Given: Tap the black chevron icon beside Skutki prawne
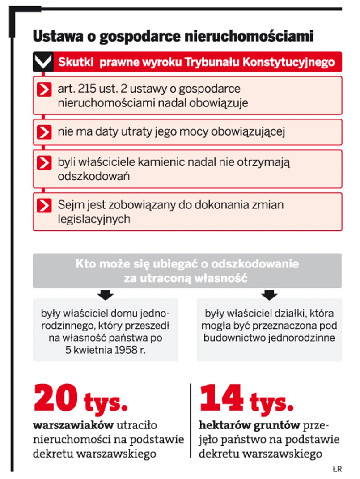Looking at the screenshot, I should click(43, 62).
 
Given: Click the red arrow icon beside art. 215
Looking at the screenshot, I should click(44, 89).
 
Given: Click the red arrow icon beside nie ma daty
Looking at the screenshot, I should click(44, 132).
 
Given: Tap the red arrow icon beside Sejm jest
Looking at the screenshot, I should click(44, 205).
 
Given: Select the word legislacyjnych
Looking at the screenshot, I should click(94, 219).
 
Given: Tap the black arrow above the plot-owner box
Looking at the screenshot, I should click(269, 295).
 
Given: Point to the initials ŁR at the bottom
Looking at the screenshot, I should click(337, 469).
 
